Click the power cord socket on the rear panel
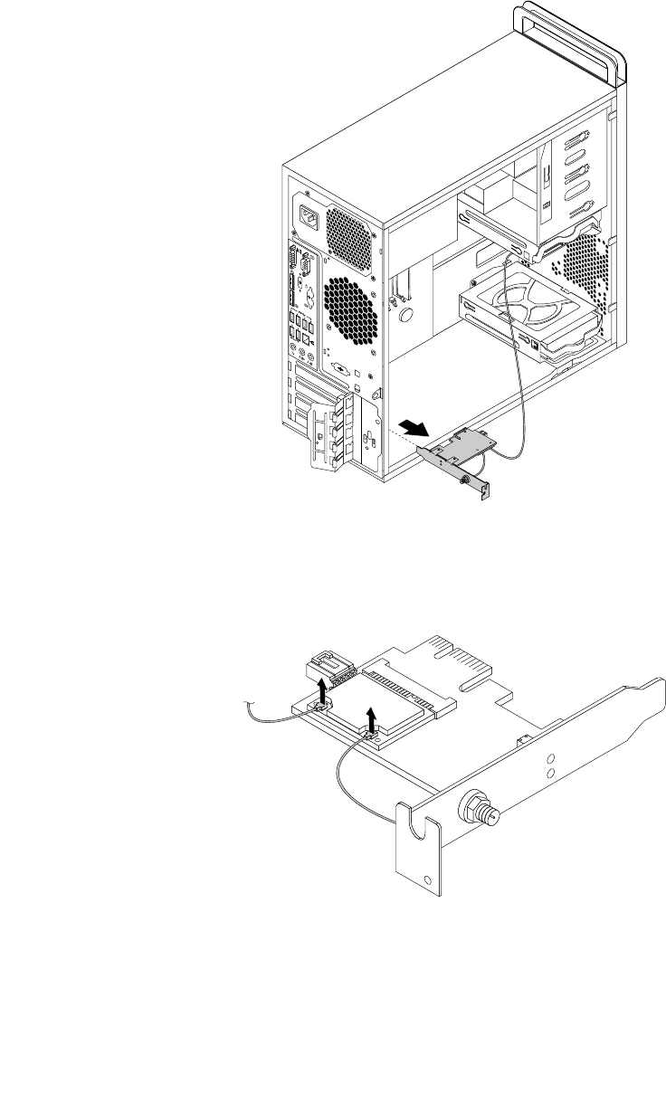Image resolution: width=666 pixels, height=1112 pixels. point(305,220)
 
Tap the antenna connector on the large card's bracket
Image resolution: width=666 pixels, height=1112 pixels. point(480,806)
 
